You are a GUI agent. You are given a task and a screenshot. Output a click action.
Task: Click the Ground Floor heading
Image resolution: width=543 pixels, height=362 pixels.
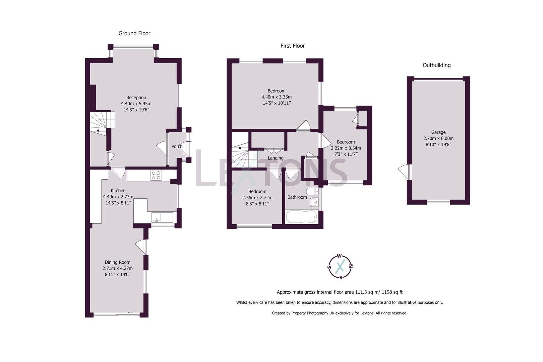(134, 34)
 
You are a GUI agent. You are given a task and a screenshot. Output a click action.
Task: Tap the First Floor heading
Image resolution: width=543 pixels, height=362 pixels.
(292, 46)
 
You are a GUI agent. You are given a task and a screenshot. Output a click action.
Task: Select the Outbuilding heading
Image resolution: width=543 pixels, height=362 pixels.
(437, 65)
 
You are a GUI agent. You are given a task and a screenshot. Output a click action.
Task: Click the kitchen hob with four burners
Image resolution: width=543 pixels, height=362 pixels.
(156, 175)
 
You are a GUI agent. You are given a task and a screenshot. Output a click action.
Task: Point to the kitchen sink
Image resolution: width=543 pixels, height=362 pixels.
(157, 218)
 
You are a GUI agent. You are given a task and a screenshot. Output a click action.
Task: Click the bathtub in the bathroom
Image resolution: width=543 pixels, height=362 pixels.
(301, 217)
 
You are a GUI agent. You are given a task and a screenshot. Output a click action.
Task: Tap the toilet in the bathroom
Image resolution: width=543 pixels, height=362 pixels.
(312, 192)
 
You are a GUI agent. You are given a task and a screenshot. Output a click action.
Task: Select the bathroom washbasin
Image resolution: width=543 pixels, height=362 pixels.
(314, 202)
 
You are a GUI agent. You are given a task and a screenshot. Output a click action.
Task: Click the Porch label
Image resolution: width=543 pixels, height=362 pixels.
(177, 146)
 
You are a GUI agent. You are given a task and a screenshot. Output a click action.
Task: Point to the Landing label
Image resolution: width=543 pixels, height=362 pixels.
(276, 158)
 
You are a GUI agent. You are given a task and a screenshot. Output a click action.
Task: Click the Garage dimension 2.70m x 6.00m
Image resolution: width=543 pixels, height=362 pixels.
(438, 138)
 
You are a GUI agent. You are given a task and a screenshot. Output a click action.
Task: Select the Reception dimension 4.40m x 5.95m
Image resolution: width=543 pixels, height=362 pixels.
(136, 104)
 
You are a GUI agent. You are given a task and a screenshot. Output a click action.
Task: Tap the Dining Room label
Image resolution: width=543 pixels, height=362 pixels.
(118, 262)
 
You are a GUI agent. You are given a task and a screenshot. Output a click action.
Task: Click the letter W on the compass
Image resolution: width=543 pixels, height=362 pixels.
(340, 256)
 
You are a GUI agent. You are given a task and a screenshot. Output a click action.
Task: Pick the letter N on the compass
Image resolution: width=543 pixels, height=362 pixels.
(351, 266)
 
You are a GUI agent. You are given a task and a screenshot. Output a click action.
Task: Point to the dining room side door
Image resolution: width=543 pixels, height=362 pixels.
(141, 247)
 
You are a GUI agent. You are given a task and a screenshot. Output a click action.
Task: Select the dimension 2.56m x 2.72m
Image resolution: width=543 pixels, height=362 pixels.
(257, 198)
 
